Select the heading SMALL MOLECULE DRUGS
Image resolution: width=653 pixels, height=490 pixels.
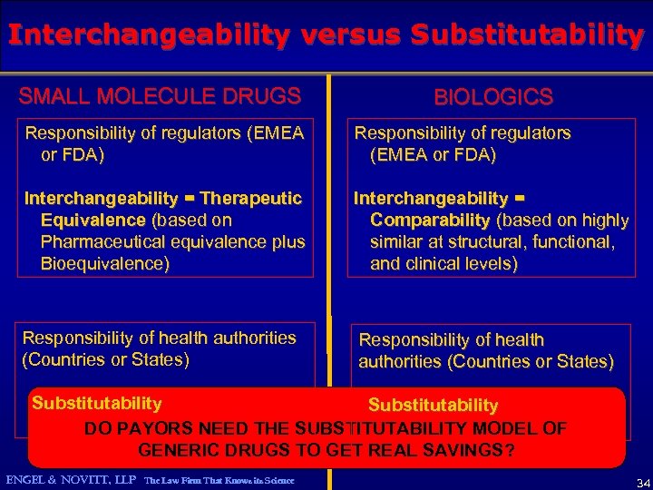160,96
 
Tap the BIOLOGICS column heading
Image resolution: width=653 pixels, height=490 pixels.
493,97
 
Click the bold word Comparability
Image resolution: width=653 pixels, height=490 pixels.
431,220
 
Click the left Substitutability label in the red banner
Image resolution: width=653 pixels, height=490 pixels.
97,403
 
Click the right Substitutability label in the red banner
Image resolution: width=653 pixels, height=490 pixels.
433,405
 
